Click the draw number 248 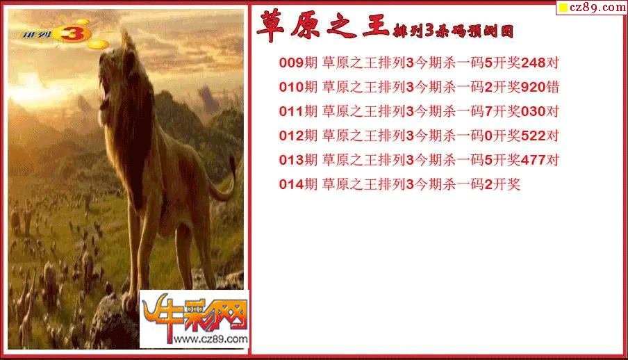(534, 63)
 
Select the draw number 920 (534, 87)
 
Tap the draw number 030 (534, 111)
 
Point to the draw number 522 (534, 136)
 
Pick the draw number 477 (534, 160)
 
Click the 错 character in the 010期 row (553, 87)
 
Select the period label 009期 (298, 63)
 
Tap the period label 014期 (298, 184)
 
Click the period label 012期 (298, 136)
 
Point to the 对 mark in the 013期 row (553, 160)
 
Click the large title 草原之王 (323, 26)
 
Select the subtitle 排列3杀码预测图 (454, 31)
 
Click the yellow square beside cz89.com (563, 8)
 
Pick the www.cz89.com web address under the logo (210, 339)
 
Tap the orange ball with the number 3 (72, 33)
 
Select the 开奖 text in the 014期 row (506, 184)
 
